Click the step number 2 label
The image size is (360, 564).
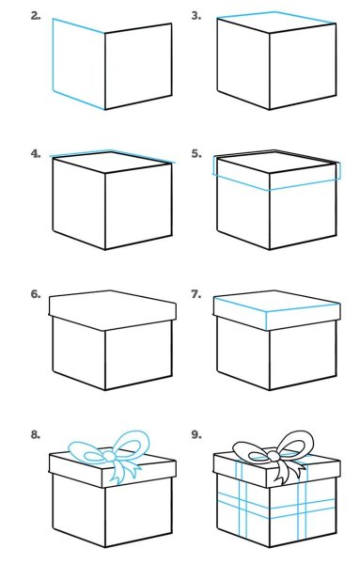tap(36, 16)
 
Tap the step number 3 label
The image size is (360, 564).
tap(196, 16)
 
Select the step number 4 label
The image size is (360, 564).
tap(36, 153)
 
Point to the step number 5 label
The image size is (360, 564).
tap(196, 153)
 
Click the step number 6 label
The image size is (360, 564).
tap(36, 293)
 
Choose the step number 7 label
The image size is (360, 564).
tap(196, 293)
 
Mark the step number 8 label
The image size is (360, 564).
tap(36, 434)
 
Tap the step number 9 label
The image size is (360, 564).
tap(196, 434)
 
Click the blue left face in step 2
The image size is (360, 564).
tap(78, 60)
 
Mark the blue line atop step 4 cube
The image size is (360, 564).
tap(113, 153)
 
